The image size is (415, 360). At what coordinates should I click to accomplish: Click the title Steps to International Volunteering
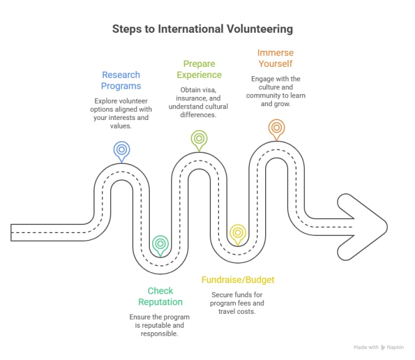[202, 28]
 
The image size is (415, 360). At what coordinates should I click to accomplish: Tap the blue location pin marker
[121, 149]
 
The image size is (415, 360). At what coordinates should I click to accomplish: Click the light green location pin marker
[199, 139]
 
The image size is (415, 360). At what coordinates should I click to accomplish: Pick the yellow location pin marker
[237, 233]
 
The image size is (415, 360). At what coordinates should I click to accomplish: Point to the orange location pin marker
[276, 127]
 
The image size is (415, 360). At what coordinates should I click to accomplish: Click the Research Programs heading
[121, 80]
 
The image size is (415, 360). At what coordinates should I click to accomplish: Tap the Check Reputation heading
[160, 296]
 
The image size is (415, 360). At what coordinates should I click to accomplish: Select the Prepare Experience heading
[199, 69]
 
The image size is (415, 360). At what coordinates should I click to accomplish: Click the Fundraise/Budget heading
[237, 280]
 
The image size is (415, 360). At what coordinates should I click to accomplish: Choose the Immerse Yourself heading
[276, 58]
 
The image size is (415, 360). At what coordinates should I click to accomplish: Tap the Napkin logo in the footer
[397, 347]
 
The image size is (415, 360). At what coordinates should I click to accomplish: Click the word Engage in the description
[263, 78]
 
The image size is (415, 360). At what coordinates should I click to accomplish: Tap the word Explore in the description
[107, 101]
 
